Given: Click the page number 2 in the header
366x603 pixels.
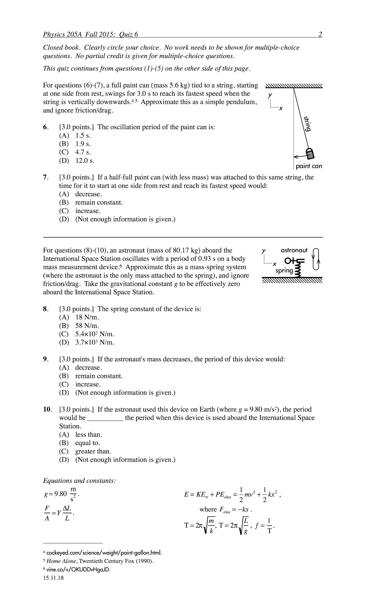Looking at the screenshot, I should point(320,34).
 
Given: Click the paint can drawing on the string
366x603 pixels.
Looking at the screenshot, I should point(310,153).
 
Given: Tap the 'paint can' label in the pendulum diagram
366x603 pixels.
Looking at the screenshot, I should point(309,166).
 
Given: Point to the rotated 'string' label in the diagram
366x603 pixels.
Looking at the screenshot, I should point(308,124).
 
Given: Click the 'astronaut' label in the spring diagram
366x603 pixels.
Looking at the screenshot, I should point(294,250).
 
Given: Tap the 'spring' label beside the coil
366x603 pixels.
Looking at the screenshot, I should point(284,271).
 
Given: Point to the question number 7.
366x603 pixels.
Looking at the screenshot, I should point(46,177).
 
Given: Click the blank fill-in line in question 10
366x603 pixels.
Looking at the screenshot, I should point(105,418).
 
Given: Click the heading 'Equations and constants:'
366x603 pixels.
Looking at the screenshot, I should point(80,481).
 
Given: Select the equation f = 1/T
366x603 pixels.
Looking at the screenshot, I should point(265,525).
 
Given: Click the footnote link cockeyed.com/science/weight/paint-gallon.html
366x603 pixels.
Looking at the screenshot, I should point(104,552).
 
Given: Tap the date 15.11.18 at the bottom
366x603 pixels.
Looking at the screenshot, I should point(53,578).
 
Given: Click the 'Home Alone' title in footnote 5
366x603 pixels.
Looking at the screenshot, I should point(62,561).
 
